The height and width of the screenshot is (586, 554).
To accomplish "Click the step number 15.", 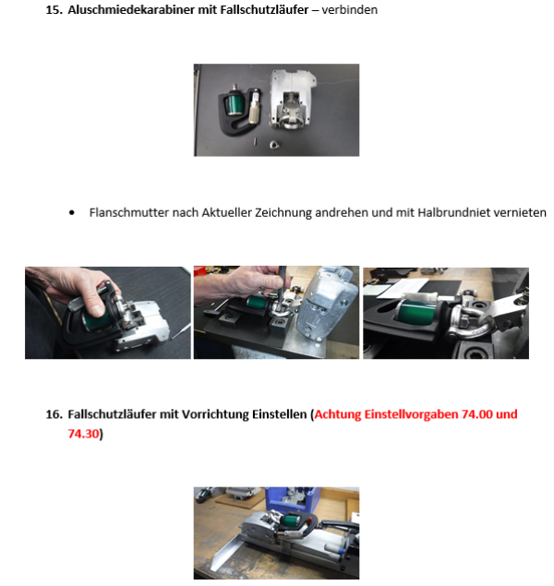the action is click(54, 10).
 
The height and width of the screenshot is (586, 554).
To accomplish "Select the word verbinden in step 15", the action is click(349, 10).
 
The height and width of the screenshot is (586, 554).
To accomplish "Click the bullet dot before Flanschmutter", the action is click(72, 213).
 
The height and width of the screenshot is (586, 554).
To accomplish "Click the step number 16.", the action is click(54, 414).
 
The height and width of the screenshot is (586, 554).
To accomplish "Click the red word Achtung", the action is click(338, 414).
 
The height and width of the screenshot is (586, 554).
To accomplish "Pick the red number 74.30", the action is click(83, 434).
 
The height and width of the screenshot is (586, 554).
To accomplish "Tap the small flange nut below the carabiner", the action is click(274, 144).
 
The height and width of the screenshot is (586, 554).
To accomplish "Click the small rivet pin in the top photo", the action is click(256, 141).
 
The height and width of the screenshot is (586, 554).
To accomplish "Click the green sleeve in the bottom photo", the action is click(292, 520).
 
